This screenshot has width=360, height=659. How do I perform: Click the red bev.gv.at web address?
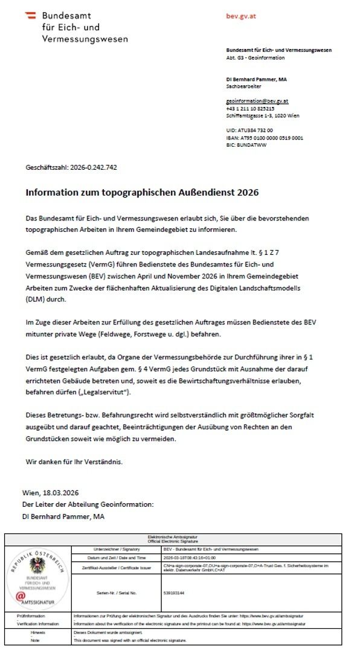click(240, 16)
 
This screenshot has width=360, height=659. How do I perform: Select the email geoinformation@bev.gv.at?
click(257, 101)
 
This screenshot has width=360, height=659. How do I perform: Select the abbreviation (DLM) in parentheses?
click(37, 299)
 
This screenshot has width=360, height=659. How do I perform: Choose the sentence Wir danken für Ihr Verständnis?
click(74, 461)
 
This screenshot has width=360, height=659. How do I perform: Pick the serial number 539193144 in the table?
click(175, 593)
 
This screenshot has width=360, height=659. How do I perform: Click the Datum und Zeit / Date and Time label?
click(115, 557)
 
